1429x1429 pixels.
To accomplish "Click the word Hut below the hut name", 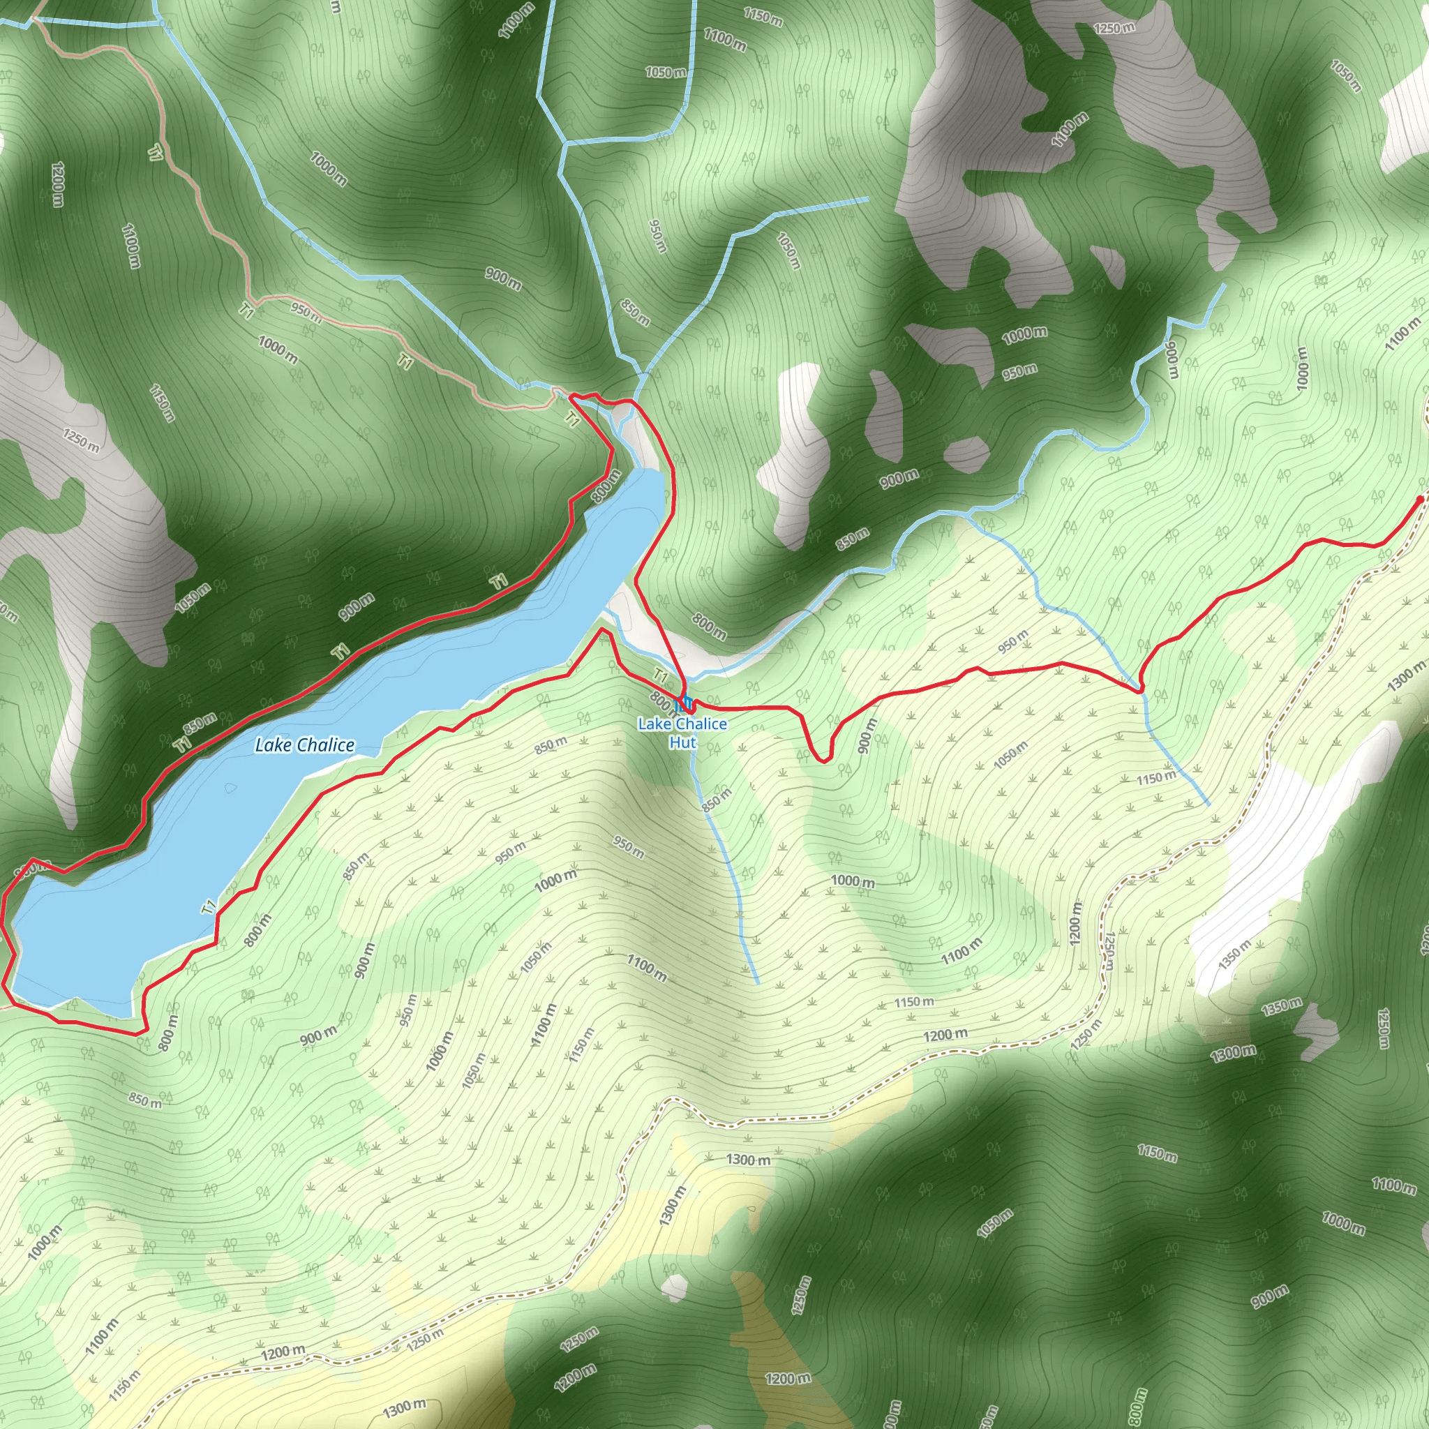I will tap(682, 742).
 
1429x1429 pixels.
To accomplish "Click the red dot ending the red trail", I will tap(1419, 500).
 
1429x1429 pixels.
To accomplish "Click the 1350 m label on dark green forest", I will tap(1281, 1007).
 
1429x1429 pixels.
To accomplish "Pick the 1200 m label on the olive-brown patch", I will tap(788, 1379).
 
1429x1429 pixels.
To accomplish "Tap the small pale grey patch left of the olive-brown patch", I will tap(674, 1288).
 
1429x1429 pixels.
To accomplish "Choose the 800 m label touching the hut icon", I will tap(661, 700).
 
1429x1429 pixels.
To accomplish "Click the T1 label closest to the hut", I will tap(661, 676).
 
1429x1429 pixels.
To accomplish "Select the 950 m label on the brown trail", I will tap(306, 313).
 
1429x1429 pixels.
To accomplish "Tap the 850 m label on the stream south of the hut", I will tap(716, 800).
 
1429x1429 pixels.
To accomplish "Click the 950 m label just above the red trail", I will tap(1012, 641).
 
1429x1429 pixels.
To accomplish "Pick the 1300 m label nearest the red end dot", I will tap(1406, 677).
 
